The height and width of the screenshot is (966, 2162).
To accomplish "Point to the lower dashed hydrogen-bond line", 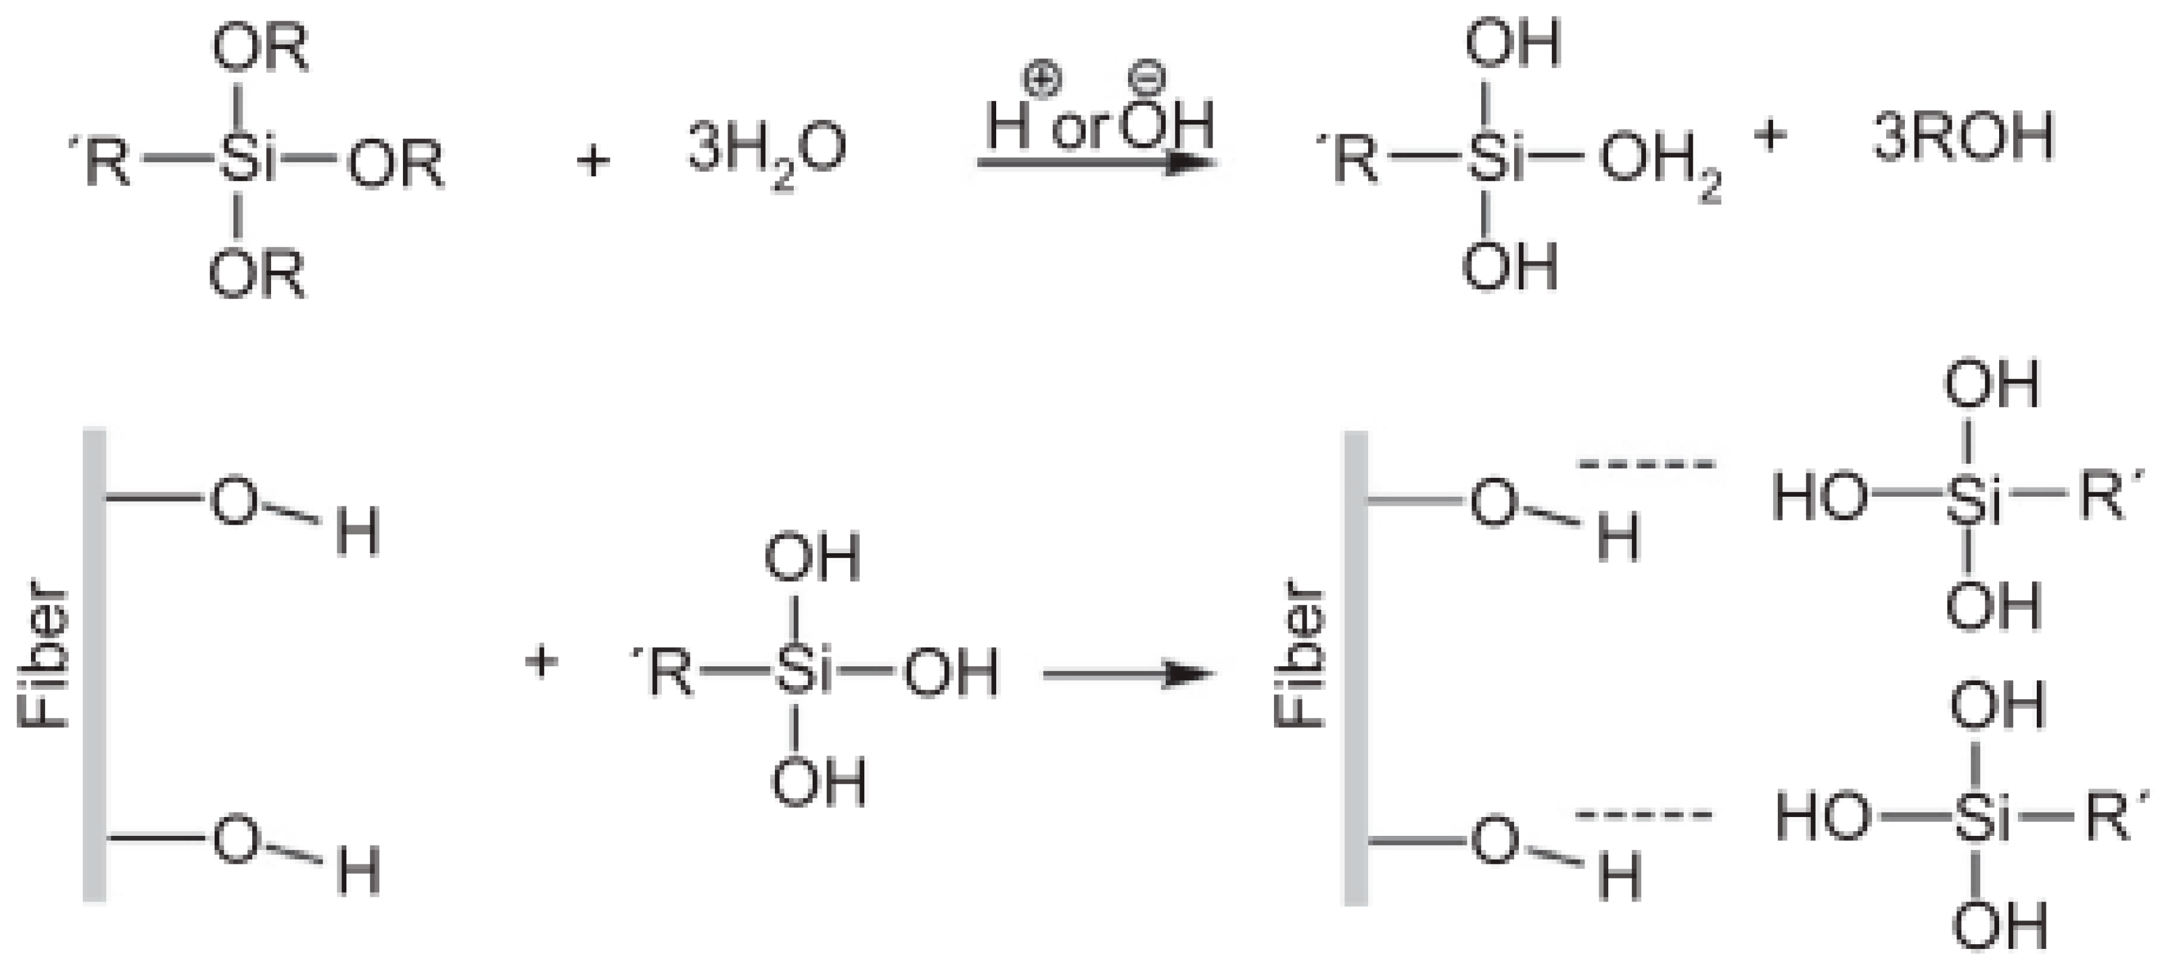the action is [x=1644, y=814].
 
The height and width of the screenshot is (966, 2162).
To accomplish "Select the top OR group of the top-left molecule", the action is [x=260, y=49].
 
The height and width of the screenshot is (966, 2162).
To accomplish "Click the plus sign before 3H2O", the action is [x=593, y=159].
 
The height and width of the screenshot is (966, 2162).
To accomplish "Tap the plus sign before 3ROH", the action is [x=1771, y=137].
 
